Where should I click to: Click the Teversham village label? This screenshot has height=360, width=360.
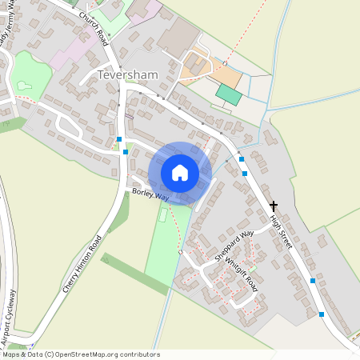click(x=128, y=74)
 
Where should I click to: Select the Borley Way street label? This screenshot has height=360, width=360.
click(x=151, y=195)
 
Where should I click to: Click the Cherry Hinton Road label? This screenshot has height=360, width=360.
click(x=83, y=265)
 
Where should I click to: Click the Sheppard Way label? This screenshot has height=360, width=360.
click(x=234, y=245)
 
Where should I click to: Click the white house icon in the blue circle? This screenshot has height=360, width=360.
click(x=180, y=173)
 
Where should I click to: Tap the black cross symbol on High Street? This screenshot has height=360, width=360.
click(x=274, y=206)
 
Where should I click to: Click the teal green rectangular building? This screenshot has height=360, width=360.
click(x=229, y=95)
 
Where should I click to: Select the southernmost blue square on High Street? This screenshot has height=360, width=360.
click(x=322, y=314)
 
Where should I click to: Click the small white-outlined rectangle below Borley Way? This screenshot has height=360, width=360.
click(x=164, y=214)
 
